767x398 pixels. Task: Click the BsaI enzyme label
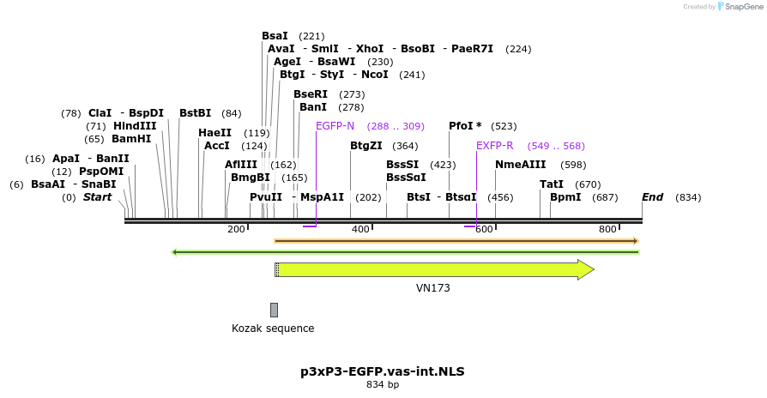click(x=275, y=36)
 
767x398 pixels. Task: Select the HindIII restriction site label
click(x=134, y=126)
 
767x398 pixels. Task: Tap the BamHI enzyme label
click(x=131, y=139)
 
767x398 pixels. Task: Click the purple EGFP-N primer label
click(x=335, y=126)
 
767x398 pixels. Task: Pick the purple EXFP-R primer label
click(x=494, y=146)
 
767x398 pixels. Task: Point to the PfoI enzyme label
click(x=464, y=126)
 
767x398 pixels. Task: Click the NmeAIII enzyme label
click(x=520, y=165)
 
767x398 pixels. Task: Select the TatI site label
click(x=552, y=184)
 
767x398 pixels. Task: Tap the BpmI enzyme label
click(x=565, y=197)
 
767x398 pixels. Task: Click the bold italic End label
click(x=652, y=197)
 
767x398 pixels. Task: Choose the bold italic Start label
click(x=97, y=197)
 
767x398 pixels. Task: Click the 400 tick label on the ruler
click(x=360, y=229)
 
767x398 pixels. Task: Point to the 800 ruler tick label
click(x=607, y=229)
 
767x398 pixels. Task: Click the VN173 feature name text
click(x=433, y=288)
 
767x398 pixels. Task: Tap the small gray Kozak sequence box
click(x=274, y=310)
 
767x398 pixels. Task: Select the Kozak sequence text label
click(x=273, y=329)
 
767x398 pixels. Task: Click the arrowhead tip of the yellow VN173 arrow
click(x=592, y=269)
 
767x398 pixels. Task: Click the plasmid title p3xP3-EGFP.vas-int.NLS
click(x=383, y=371)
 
